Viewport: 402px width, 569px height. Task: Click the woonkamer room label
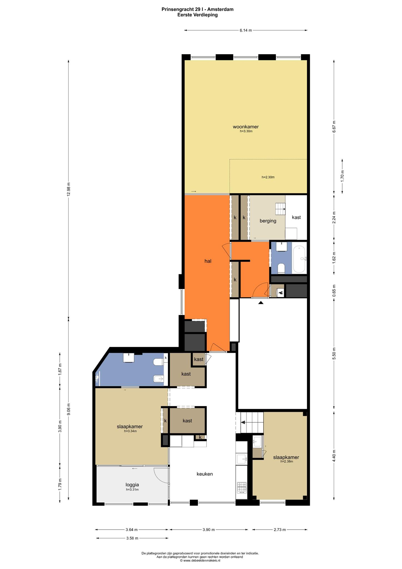246,127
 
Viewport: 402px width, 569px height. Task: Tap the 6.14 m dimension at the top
246,30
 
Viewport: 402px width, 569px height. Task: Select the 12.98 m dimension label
69,189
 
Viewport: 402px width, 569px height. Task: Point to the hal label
208,261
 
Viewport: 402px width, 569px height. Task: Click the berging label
268,221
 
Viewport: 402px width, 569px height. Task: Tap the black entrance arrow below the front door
260,303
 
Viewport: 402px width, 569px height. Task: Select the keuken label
205,474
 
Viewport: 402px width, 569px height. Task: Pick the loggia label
132,485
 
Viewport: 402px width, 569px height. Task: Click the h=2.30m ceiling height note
268,177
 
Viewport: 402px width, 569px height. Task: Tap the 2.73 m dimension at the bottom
280,530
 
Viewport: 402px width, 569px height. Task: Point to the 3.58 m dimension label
132,538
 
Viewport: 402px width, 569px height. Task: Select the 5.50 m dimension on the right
334,354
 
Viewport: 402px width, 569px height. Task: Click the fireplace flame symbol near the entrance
280,292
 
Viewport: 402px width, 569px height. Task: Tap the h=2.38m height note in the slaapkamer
287,461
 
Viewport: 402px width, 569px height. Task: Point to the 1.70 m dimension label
342,176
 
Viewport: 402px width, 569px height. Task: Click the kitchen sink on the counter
241,459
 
